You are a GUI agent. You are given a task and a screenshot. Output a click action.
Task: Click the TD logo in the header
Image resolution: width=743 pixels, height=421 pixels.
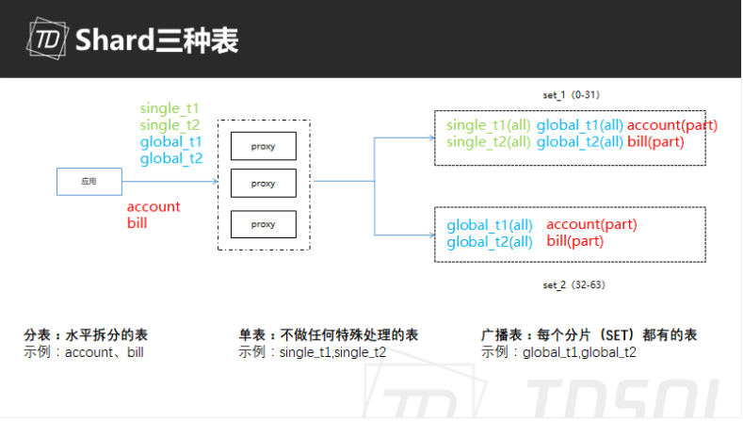click(x=45, y=40)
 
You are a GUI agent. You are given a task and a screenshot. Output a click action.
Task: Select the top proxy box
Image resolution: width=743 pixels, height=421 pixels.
click(x=264, y=146)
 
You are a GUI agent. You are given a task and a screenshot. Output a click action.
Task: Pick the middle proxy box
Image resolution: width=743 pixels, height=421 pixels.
click(x=264, y=182)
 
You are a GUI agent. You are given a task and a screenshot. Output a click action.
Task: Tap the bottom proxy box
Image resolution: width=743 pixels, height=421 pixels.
click(x=264, y=224)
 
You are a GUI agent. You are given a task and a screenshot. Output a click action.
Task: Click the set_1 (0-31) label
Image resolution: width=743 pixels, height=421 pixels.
click(x=569, y=96)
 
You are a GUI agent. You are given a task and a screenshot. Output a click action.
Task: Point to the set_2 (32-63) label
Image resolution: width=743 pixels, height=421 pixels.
click(x=571, y=284)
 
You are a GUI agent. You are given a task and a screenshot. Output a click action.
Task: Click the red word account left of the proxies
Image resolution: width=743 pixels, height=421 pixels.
click(x=153, y=207)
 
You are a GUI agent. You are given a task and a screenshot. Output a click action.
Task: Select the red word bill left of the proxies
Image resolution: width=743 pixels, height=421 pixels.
click(x=137, y=223)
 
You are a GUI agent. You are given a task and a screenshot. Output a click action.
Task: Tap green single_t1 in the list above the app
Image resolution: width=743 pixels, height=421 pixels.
click(x=170, y=109)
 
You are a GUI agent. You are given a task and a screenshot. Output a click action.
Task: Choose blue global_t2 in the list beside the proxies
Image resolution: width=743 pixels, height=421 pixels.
click(x=171, y=158)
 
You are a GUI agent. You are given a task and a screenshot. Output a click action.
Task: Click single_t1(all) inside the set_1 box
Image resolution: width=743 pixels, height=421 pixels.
click(x=489, y=126)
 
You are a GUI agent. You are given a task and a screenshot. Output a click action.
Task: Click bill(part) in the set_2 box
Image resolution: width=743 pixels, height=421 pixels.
click(x=575, y=241)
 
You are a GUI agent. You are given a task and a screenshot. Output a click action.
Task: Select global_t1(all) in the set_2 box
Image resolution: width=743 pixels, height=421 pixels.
click(x=490, y=225)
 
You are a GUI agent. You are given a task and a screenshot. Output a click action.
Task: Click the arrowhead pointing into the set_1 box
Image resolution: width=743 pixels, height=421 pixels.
click(x=429, y=138)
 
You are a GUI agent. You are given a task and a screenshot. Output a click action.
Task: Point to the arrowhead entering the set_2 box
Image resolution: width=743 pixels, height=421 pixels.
click(x=429, y=235)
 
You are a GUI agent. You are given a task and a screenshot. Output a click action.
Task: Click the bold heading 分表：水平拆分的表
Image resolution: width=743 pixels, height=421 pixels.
click(x=86, y=335)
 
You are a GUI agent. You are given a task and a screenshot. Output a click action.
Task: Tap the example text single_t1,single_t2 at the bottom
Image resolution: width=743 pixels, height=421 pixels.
click(x=332, y=352)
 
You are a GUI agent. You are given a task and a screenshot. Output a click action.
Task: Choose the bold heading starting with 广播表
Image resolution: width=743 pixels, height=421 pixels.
click(x=589, y=335)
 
